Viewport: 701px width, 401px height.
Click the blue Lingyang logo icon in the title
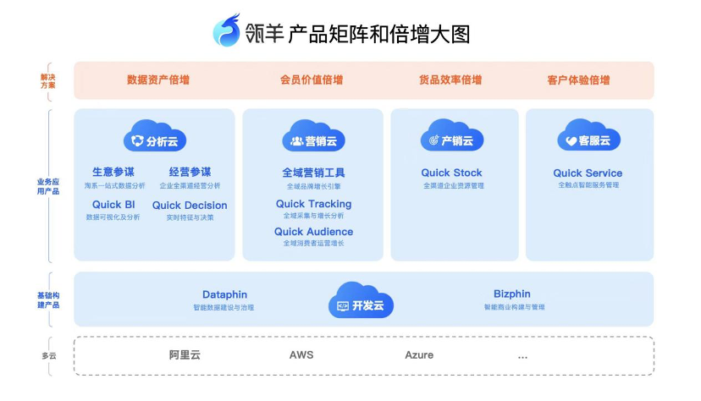(227, 31)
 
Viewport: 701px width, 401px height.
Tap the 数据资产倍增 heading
(158, 80)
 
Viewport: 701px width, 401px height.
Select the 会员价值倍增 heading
(312, 80)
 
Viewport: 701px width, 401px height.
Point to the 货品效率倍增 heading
(450, 80)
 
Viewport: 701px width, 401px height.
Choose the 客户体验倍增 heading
(578, 80)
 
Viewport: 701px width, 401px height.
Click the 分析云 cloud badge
(155, 138)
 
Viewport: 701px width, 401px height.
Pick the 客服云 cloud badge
(588, 138)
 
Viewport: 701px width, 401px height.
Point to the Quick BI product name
(113, 205)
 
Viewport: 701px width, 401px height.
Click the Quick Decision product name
(190, 205)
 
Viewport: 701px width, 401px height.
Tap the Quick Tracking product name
(313, 204)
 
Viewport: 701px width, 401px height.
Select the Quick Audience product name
(313, 232)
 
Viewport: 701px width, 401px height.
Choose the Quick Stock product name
(452, 173)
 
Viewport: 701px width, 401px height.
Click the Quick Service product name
(588, 173)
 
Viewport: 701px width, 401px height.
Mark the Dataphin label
(224, 295)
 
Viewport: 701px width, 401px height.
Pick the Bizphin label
(512, 295)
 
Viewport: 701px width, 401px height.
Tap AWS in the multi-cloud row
(301, 355)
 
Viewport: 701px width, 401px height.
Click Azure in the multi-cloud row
(419, 355)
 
